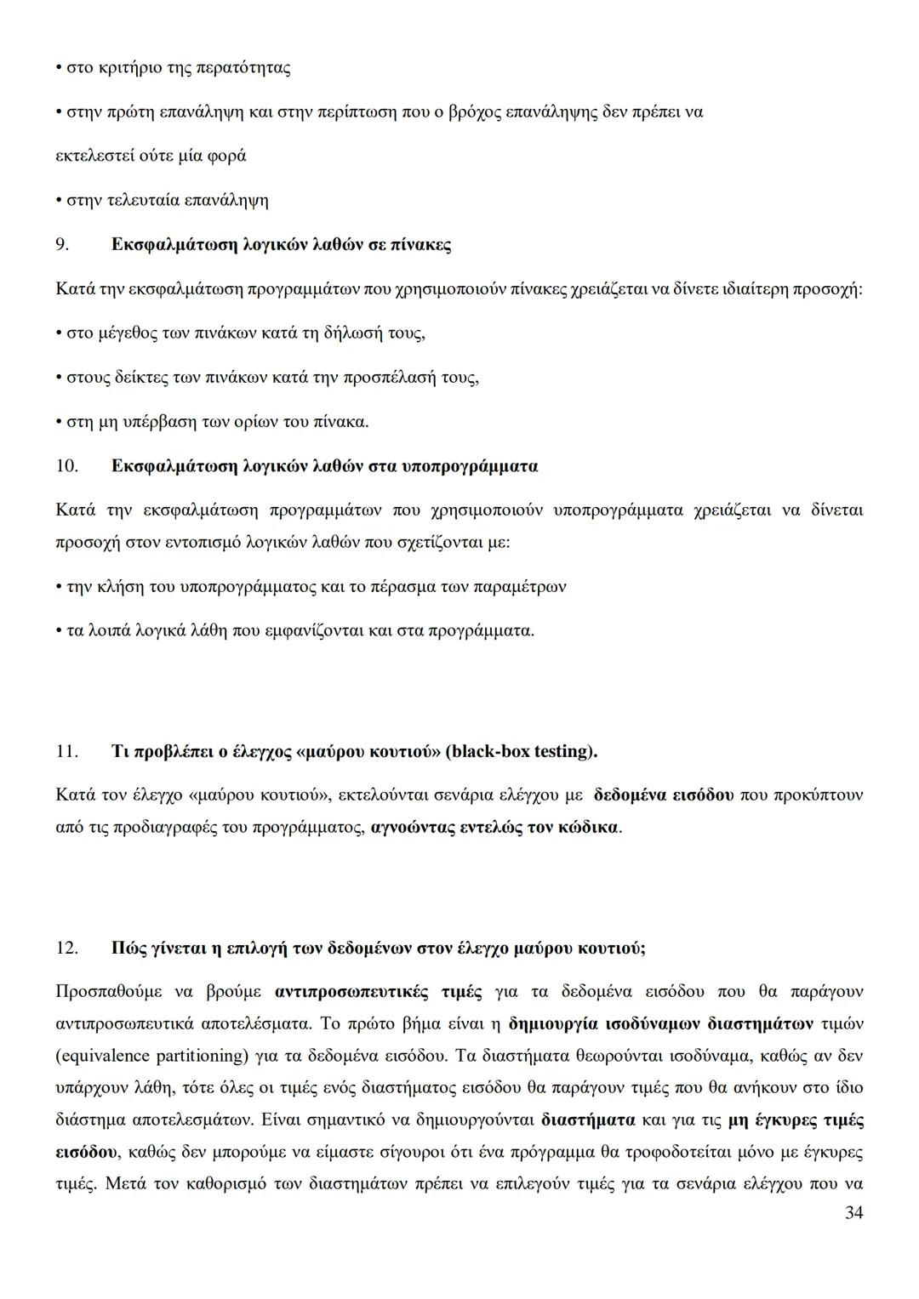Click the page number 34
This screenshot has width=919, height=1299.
[853, 1213]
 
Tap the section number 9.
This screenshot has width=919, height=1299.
[61, 245]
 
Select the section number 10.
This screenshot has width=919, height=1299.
[66, 466]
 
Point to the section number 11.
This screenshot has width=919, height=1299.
[66, 751]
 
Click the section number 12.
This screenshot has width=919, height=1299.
[66, 948]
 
